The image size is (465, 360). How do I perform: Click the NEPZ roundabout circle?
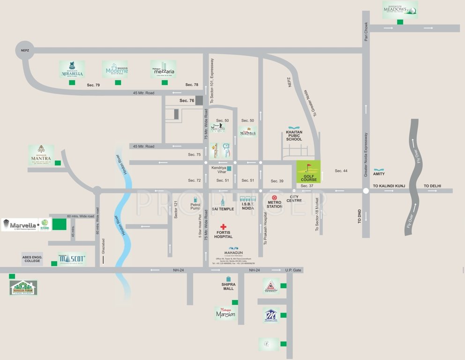[24, 50]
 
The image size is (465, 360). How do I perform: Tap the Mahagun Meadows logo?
[400, 9]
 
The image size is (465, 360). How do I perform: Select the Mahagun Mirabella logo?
[72, 69]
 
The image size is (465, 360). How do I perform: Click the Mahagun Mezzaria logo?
[163, 69]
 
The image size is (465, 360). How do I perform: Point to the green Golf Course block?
[308, 172]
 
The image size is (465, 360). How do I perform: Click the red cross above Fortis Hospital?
[224, 226]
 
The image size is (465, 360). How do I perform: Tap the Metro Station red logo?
[274, 198]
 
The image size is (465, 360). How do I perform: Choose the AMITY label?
[379, 173]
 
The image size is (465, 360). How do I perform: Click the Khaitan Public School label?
[294, 136]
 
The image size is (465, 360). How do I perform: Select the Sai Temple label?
[222, 209]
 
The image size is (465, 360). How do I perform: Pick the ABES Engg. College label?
[32, 259]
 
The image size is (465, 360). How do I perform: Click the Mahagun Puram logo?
[23, 287]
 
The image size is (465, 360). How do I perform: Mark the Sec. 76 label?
[187, 101]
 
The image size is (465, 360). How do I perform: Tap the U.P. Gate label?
[294, 270]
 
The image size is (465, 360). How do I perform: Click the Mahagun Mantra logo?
[41, 155]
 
